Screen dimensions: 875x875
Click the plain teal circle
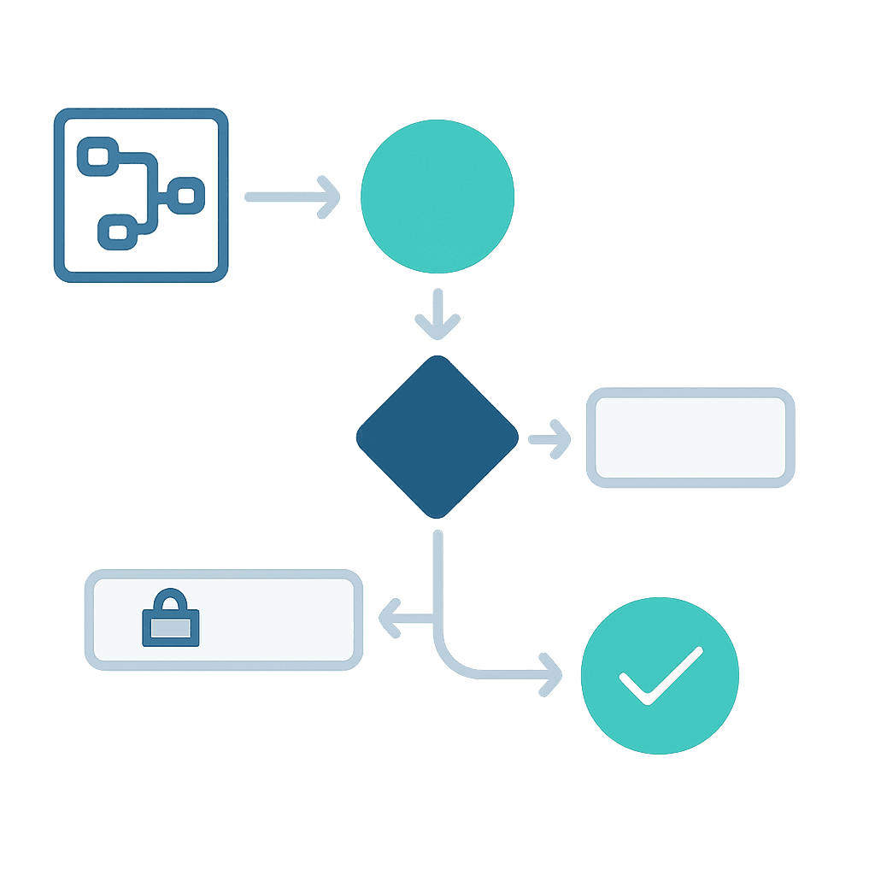pos(437,197)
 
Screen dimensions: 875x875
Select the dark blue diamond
pos(437,437)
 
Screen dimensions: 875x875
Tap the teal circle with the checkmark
pos(659,675)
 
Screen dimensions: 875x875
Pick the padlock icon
pos(170,619)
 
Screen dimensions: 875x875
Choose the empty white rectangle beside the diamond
pos(690,437)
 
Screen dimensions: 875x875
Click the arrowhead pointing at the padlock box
pos(389,619)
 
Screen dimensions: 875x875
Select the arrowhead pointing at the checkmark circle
pos(551,674)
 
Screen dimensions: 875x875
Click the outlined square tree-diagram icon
pos(141,196)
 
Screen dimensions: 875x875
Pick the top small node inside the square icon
pos(96,156)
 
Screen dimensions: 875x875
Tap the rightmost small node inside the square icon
pos(185,196)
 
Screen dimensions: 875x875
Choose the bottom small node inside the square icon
pos(116,232)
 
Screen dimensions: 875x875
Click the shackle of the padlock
pos(172,600)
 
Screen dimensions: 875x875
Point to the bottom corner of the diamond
pos(437,515)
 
